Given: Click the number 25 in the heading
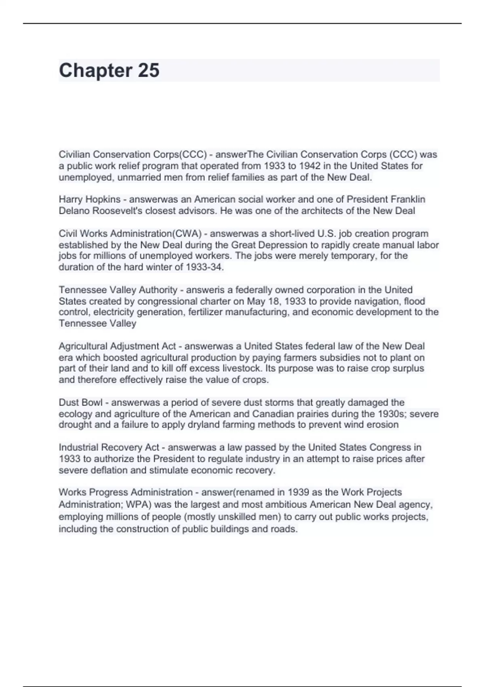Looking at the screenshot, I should click(149, 70).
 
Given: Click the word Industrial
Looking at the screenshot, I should click(78, 447).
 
